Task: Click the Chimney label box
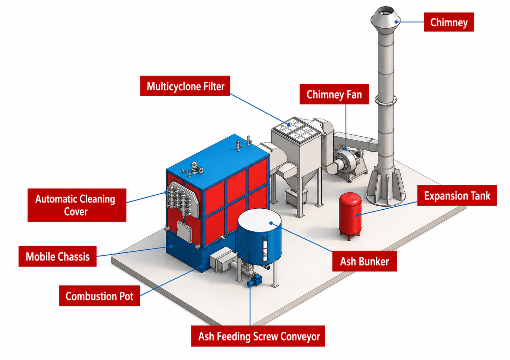pyautogui.click(x=449, y=22)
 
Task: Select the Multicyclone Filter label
pyautogui.click(x=185, y=86)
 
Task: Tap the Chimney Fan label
pyautogui.click(x=334, y=94)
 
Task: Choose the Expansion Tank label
pyautogui.click(x=457, y=195)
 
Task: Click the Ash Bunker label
pyautogui.click(x=364, y=261)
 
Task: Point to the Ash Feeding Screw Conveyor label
pyautogui.click(x=258, y=336)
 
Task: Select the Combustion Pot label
pyautogui.click(x=99, y=296)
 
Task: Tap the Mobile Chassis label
pyautogui.click(x=58, y=256)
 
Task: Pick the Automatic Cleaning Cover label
pyautogui.click(x=77, y=205)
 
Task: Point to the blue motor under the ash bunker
pyautogui.click(x=255, y=280)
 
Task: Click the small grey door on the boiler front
pyautogui.click(x=184, y=231)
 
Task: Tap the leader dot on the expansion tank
pyautogui.click(x=357, y=215)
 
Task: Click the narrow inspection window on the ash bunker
pyautogui.click(x=265, y=249)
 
